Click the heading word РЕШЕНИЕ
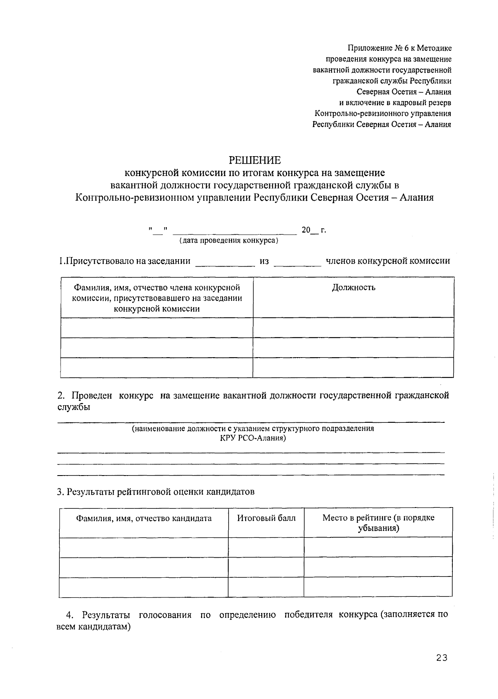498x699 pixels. click(x=255, y=160)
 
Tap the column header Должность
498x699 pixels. click(x=353, y=287)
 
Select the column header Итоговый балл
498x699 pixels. click(x=266, y=518)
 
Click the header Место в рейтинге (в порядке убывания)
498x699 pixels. click(x=378, y=523)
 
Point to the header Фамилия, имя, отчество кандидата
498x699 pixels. click(x=144, y=518)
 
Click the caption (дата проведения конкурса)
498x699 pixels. click(x=229, y=240)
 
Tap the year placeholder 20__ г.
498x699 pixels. click(x=314, y=230)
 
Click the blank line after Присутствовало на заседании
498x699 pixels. click(x=225, y=262)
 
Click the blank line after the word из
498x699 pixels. click(x=297, y=262)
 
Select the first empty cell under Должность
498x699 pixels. click(x=353, y=328)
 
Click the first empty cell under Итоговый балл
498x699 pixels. click(x=266, y=547)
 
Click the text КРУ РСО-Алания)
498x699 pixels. click(x=253, y=438)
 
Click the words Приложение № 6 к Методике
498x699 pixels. click(x=400, y=49)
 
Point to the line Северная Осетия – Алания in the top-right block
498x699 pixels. click(x=404, y=92)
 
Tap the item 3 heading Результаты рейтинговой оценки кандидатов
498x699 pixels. click(x=156, y=492)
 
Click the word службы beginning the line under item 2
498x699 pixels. click(x=73, y=407)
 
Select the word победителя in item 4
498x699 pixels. click(x=308, y=615)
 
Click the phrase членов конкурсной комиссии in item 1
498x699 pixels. click(x=388, y=261)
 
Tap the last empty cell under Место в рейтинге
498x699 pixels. click(x=378, y=586)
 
